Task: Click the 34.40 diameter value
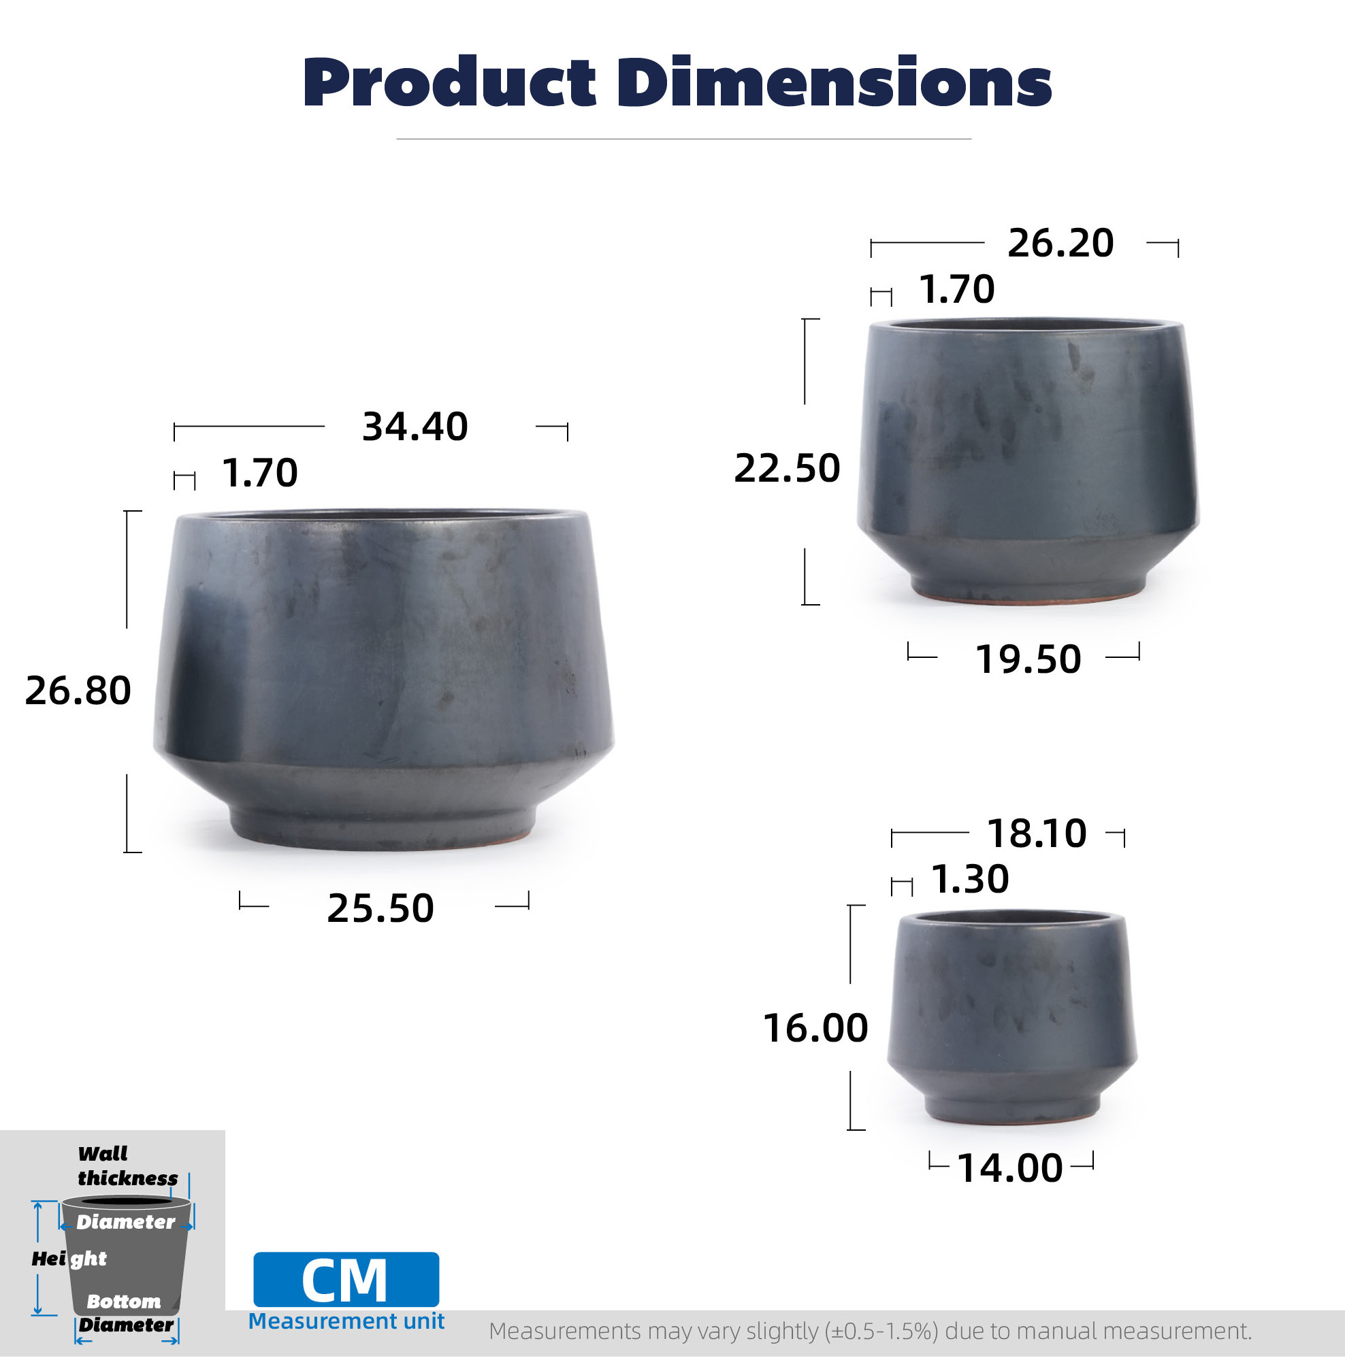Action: pyautogui.click(x=415, y=427)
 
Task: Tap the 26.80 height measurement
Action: pyautogui.click(x=78, y=691)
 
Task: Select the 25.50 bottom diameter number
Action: pyautogui.click(x=380, y=908)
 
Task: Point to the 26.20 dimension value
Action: pyautogui.click(x=1060, y=243)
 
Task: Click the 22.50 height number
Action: pyautogui.click(x=787, y=468)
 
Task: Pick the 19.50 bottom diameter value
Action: pyautogui.click(x=1028, y=659)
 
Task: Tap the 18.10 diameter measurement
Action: pyautogui.click(x=1037, y=833)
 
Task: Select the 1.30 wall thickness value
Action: pyautogui.click(x=970, y=878)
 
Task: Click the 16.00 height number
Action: pyautogui.click(x=815, y=1028)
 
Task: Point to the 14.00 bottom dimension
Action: pyautogui.click(x=1009, y=1168)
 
